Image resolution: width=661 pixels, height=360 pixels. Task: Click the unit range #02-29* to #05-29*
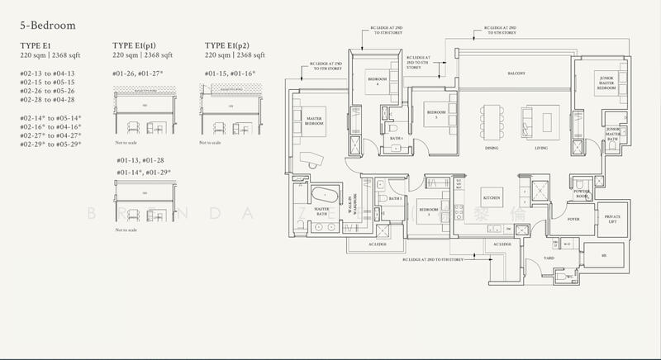coord(53,144)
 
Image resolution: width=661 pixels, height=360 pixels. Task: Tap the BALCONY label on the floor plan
coord(516,73)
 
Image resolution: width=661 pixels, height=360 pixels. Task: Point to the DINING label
coord(491,148)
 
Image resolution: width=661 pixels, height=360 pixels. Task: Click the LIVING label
coord(541,148)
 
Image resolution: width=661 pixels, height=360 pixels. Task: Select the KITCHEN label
coord(493,198)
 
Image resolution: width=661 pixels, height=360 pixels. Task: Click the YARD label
coord(548,258)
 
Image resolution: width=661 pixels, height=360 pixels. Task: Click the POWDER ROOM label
coord(581,193)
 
